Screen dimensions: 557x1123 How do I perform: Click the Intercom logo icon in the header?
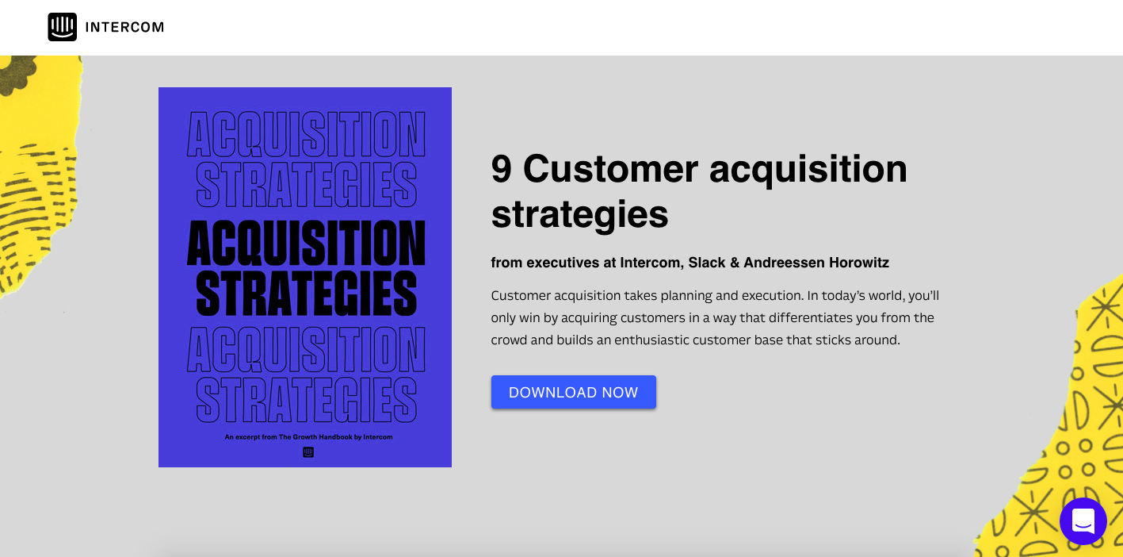click(62, 27)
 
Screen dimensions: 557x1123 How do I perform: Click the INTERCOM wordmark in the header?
click(124, 28)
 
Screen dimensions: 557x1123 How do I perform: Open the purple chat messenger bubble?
click(1083, 521)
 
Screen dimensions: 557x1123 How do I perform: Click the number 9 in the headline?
click(502, 169)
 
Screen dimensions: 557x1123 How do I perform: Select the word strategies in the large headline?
click(579, 214)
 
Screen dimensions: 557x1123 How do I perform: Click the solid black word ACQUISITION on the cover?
click(306, 243)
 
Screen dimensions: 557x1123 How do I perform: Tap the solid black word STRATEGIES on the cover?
click(306, 294)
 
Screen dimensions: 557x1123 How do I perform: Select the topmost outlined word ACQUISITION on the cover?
click(306, 135)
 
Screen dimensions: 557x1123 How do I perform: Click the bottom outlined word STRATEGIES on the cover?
click(306, 401)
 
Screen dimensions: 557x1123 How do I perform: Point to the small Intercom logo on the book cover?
click(308, 452)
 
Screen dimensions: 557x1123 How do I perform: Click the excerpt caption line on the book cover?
click(308, 437)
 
